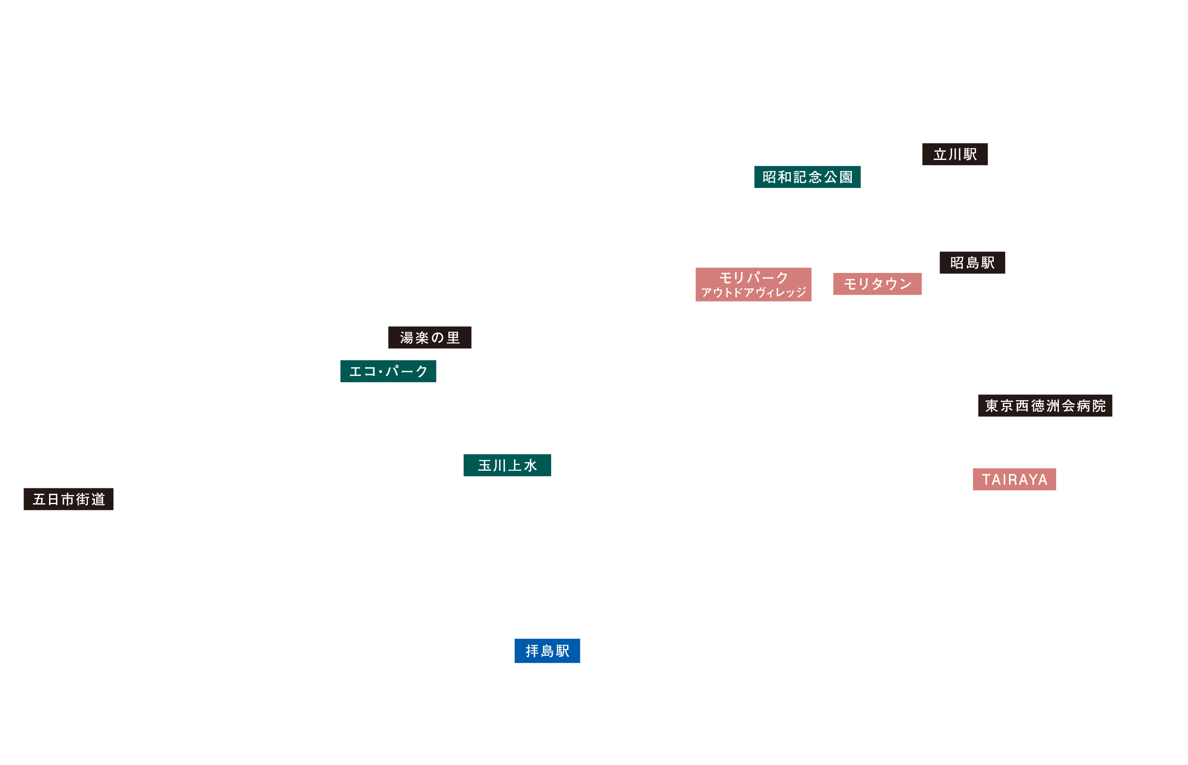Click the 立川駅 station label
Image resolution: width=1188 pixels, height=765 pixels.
click(955, 154)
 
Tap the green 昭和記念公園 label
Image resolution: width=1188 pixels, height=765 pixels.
click(807, 177)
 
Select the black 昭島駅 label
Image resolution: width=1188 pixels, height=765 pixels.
click(972, 262)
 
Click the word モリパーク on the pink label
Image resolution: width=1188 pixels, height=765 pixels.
click(754, 277)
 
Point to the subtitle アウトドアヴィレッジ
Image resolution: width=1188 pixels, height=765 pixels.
click(754, 292)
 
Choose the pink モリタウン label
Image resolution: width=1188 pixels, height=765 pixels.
click(877, 284)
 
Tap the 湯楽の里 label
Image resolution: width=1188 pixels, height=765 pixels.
click(429, 337)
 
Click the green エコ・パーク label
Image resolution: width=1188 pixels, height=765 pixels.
click(388, 371)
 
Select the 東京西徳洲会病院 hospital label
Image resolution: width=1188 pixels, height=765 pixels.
click(1045, 405)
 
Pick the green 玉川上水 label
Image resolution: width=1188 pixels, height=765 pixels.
click(507, 465)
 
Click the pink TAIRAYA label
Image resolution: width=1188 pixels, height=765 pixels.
click(1014, 479)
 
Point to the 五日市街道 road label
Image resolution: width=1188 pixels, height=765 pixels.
click(68, 499)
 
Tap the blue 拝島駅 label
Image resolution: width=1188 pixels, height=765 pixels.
click(547, 651)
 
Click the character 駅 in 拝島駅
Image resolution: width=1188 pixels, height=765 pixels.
click(563, 651)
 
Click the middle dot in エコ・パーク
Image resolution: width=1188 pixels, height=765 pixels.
click(380, 371)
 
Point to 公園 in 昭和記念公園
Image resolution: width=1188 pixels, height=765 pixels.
click(838, 177)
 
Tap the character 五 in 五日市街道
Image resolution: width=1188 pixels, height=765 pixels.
click(39, 499)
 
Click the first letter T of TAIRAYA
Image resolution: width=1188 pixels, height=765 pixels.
click(986, 479)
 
